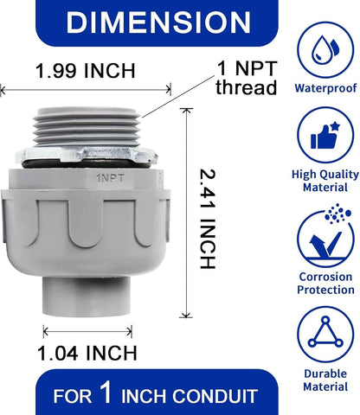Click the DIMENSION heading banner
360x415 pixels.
coord(157,22)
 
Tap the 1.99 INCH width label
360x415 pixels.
coord(86,71)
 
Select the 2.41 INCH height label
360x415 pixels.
coord(208,219)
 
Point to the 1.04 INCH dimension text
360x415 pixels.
coord(87,354)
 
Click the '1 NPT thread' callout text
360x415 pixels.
coord(247,78)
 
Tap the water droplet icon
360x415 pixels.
coord(325,49)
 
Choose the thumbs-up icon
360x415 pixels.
coord(325,136)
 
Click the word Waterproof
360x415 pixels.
coord(325,88)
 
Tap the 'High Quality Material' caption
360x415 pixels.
coord(325,181)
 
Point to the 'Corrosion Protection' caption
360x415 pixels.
coord(325,284)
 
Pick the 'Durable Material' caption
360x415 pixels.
coord(325,380)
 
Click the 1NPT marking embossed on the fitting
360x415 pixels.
coord(111,178)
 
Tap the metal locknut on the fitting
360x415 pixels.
coord(87,155)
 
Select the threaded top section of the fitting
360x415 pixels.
coord(87,127)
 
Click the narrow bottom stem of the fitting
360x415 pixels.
coord(87,297)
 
